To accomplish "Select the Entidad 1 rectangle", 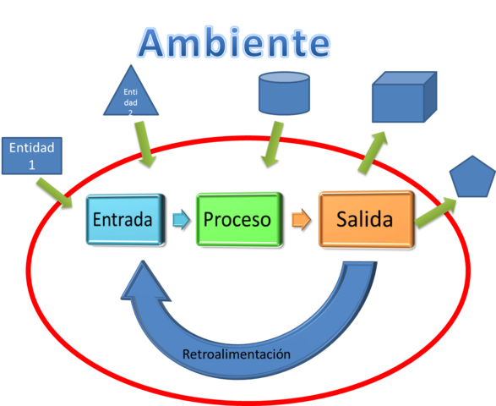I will click(32, 155).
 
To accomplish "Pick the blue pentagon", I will click(471, 178).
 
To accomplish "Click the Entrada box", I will click(123, 220).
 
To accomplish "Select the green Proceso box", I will click(237, 220).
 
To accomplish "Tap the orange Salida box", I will click(365, 220).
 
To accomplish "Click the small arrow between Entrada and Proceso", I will click(179, 220).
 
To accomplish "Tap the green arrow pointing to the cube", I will click(371, 151).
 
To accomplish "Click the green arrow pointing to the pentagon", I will click(436, 212).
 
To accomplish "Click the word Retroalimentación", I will click(237, 354).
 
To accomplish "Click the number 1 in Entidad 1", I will click(32, 164).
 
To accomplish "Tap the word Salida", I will click(365, 220).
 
